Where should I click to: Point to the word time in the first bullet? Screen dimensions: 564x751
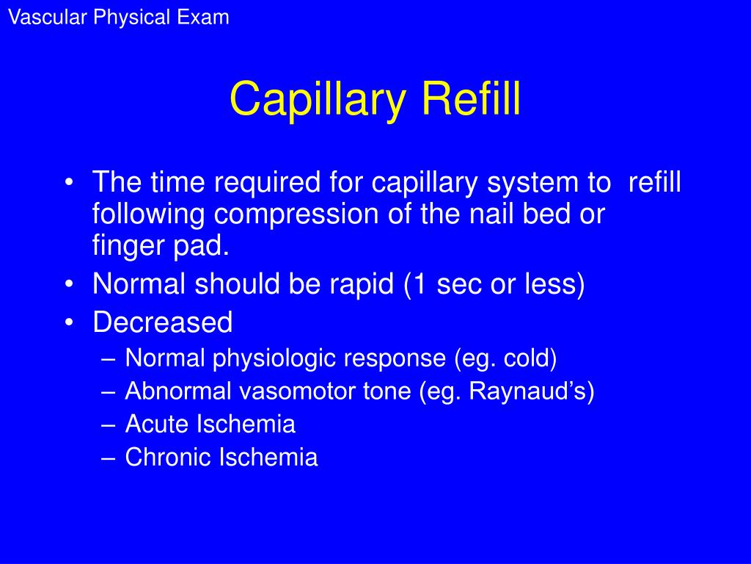tap(177, 182)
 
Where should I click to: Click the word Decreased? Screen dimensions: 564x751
tap(163, 322)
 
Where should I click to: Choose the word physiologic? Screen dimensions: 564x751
tap(276, 358)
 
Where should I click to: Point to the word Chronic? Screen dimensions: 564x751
tap(169, 458)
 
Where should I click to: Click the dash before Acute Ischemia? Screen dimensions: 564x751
tap(109, 425)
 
